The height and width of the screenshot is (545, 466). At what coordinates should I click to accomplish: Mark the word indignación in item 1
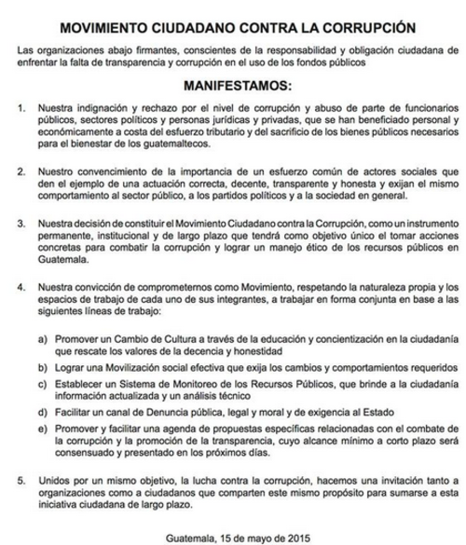(100, 109)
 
